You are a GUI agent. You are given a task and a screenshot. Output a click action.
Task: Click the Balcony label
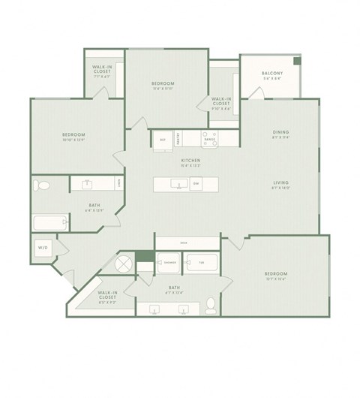click(271, 73)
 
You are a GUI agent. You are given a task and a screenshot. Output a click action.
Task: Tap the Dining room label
click(281, 133)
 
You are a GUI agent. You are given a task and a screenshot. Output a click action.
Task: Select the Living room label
click(281, 182)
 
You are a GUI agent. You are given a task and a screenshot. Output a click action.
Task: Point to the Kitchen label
click(189, 161)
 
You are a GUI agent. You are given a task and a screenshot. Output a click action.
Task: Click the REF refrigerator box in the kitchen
click(163, 140)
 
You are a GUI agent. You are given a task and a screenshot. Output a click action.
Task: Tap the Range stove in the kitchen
click(210, 140)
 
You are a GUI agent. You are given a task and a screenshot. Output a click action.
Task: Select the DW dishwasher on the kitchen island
click(195, 184)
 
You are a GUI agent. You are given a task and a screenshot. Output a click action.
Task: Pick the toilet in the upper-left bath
click(43, 185)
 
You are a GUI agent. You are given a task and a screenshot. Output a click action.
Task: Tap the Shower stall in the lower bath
click(170, 263)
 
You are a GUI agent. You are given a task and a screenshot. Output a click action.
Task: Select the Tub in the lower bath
click(201, 263)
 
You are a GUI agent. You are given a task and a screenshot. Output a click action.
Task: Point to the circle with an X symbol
click(123, 264)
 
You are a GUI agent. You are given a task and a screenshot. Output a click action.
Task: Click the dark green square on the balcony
click(296, 61)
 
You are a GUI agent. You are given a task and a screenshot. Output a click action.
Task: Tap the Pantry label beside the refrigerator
click(178, 138)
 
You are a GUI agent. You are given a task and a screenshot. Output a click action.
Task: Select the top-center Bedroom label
click(163, 83)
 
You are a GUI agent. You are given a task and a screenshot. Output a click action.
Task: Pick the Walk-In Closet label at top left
click(103, 70)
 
